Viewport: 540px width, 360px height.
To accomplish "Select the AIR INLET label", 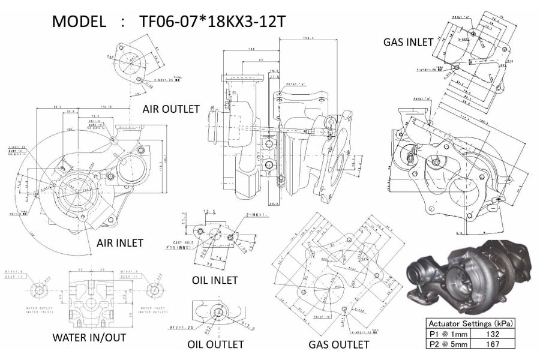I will point(120,243).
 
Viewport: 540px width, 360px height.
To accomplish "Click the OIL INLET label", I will point(215,280).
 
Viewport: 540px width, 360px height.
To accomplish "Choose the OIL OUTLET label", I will point(215,344).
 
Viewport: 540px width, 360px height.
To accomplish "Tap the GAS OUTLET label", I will point(338,344).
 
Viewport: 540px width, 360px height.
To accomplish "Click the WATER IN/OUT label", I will point(89,338).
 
